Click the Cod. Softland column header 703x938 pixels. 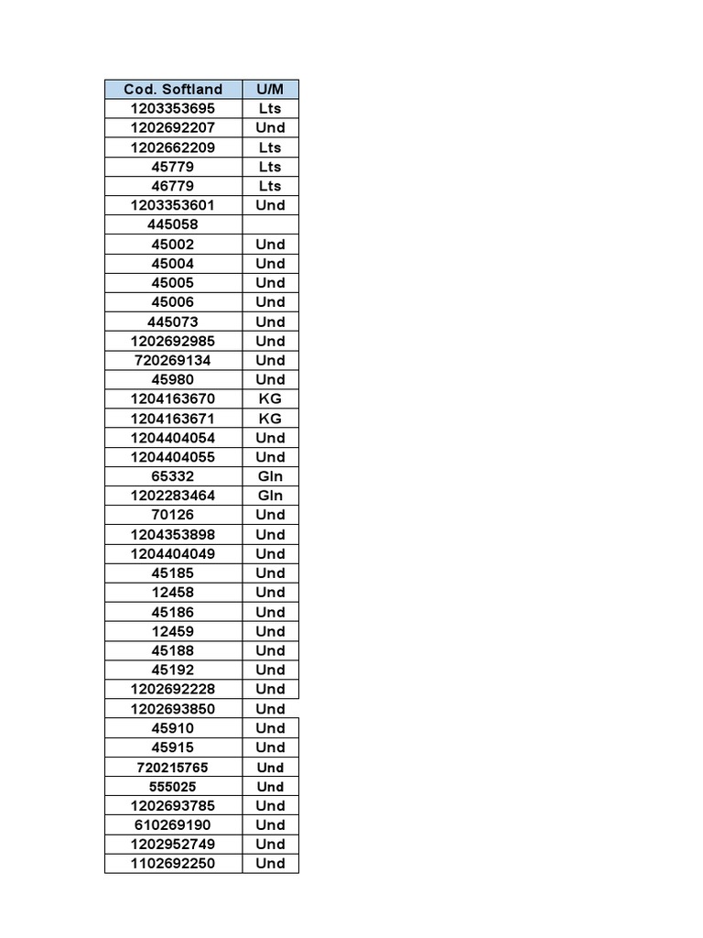pyautogui.click(x=173, y=89)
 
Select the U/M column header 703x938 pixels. pyautogui.click(x=270, y=89)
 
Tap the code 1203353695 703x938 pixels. pyautogui.click(x=173, y=108)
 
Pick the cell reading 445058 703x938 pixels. pyautogui.click(x=173, y=224)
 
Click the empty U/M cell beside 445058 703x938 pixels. pyautogui.click(x=270, y=224)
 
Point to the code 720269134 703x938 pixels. pyautogui.click(x=173, y=360)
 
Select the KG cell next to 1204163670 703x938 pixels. pyautogui.click(x=270, y=398)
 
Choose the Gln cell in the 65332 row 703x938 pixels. pyautogui.click(x=270, y=476)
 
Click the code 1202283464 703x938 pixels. pyautogui.click(x=173, y=496)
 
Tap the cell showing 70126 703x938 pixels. pyautogui.click(x=173, y=515)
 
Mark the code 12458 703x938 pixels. pyautogui.click(x=173, y=593)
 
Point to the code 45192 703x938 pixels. pyautogui.click(x=173, y=670)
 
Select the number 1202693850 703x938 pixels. pyautogui.click(x=173, y=709)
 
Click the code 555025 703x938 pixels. pyautogui.click(x=173, y=787)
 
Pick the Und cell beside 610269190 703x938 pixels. pyautogui.click(x=270, y=825)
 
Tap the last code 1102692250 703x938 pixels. pyautogui.click(x=173, y=864)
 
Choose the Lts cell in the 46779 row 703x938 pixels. pyautogui.click(x=270, y=186)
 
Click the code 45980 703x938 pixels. pyautogui.click(x=173, y=379)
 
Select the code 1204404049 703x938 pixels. pyautogui.click(x=173, y=554)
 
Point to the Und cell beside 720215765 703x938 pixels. pyautogui.click(x=270, y=768)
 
